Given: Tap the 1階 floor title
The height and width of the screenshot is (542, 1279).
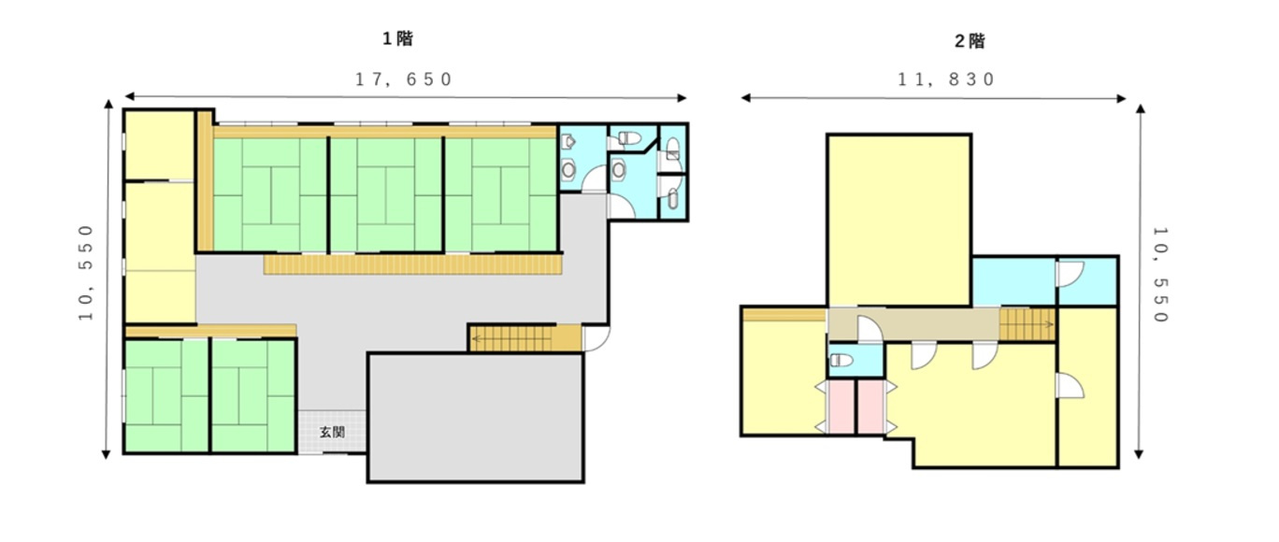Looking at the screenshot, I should pos(397,39).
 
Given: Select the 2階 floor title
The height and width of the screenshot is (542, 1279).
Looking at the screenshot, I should pos(970,41).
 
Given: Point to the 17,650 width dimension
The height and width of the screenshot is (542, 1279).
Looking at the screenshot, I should pos(404,79).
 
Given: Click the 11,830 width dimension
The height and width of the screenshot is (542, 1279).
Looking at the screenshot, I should pos(945,79).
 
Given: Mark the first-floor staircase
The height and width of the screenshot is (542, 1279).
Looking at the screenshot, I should pos(524,338).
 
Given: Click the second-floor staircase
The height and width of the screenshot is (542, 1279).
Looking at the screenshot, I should pos(1028,324).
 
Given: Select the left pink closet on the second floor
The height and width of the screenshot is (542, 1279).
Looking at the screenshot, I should pos(841,406).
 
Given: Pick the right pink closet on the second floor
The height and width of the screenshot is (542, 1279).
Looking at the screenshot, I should pos(870,406).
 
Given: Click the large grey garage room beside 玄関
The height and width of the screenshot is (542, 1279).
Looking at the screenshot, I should pos(475,417).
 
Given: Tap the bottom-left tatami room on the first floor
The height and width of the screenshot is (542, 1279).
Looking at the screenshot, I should pos(165,395).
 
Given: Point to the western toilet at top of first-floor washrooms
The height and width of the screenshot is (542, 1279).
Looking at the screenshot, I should pos(628,138).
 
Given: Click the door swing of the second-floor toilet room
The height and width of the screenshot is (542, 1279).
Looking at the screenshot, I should pos(866,329).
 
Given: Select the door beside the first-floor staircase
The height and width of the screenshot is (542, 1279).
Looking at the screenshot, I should pos(595,337).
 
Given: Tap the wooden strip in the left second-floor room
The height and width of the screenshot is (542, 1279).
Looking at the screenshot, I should pos(783,315).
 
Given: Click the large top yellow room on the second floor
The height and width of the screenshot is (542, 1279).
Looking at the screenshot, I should pos(898,220).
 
